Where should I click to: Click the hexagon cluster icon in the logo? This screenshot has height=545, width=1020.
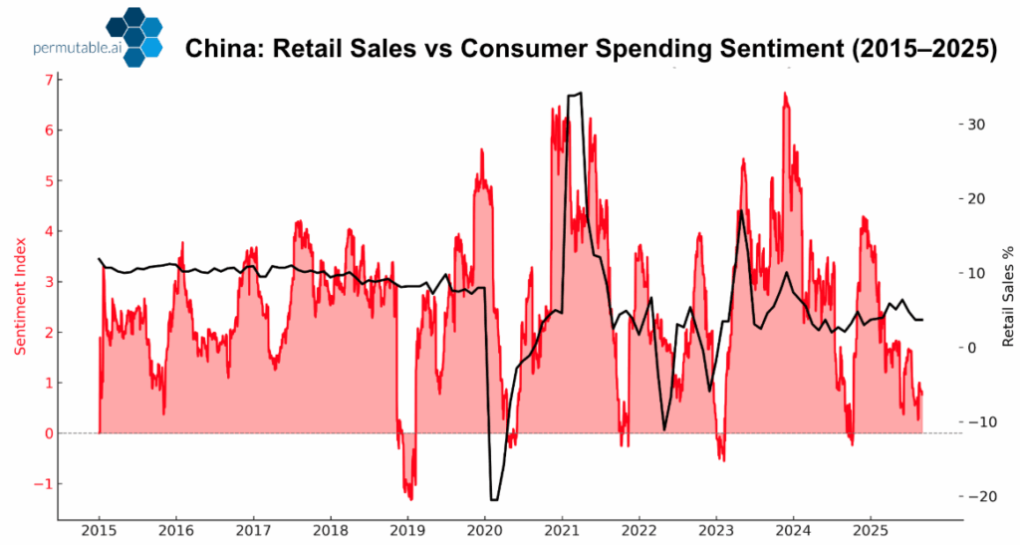[135, 41]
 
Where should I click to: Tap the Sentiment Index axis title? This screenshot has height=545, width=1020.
[21, 295]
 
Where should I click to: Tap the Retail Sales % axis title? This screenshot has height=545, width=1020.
[1007, 296]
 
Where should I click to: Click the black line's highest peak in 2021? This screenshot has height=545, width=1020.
[580, 94]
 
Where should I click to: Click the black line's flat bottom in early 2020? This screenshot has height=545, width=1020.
[494, 499]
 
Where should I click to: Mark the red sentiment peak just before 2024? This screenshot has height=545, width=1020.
[785, 95]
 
